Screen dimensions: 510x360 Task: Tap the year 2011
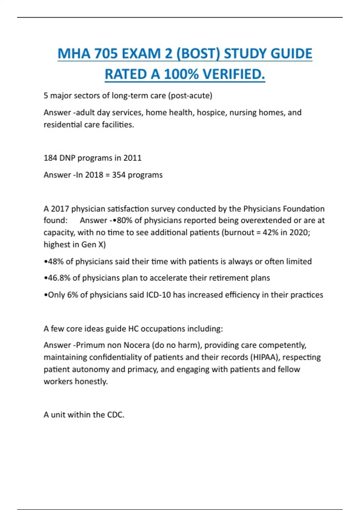tap(132, 158)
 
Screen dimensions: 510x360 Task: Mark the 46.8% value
tap(59, 278)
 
